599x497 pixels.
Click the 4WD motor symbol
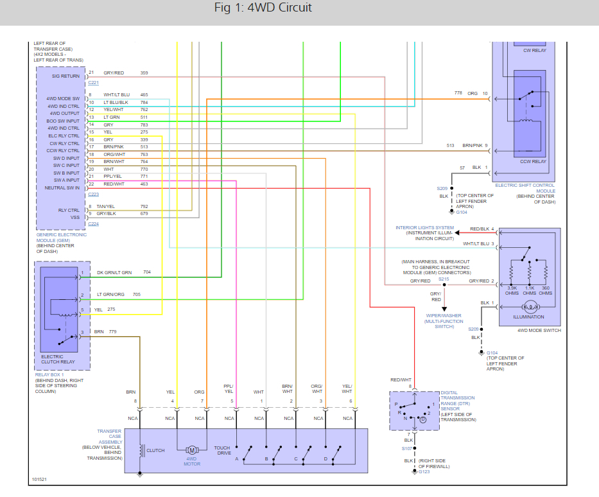[x=192, y=450]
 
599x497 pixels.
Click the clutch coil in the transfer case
[x=142, y=450]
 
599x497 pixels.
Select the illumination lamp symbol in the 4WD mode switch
[x=530, y=307]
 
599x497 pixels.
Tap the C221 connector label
[x=94, y=83]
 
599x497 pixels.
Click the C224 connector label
[x=94, y=224]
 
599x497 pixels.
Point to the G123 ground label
[x=424, y=472]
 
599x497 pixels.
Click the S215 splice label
[x=444, y=279]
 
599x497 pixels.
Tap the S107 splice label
[x=407, y=448]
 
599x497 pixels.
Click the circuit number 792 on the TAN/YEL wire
[x=144, y=207]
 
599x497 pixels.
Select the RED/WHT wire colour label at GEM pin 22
[x=114, y=184]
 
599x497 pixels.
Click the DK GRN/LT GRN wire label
[x=114, y=273]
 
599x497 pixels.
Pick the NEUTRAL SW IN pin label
[x=62, y=188]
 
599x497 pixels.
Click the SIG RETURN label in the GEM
[x=65, y=76]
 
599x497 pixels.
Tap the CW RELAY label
[x=535, y=51]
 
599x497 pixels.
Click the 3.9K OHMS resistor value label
[x=512, y=291]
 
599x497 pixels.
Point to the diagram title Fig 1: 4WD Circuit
[x=263, y=8]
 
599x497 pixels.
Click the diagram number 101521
[x=39, y=480]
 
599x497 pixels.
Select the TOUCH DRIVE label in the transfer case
[x=222, y=450]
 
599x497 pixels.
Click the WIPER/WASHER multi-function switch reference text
[x=444, y=321]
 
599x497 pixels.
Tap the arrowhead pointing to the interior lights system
[x=457, y=232]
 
